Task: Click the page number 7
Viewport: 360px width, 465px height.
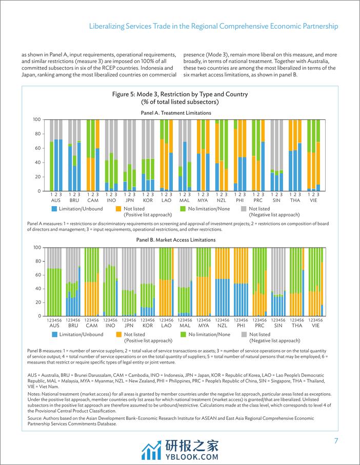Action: [x=335, y=441]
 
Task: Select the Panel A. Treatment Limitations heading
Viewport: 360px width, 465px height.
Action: [x=175, y=113]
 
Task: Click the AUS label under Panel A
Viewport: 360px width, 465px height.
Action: [x=56, y=200]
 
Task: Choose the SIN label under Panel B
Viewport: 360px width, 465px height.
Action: [x=278, y=326]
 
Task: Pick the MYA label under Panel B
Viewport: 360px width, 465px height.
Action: [x=204, y=326]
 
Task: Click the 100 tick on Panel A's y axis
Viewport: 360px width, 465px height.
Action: [x=36, y=119]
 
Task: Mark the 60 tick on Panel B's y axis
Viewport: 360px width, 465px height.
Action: [x=37, y=275]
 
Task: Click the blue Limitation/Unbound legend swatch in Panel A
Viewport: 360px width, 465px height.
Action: [x=55, y=209]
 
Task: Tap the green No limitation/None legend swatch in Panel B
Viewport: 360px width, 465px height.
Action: [x=183, y=334]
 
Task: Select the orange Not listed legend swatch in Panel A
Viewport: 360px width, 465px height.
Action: [x=119, y=209]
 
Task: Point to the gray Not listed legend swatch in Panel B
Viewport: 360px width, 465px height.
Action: [x=244, y=334]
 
